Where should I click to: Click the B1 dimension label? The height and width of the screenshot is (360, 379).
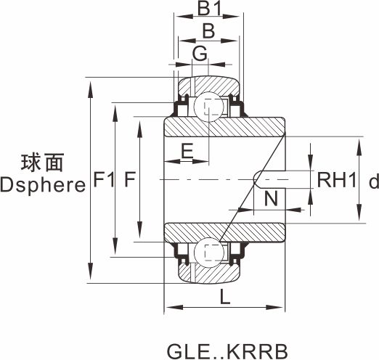[x=209, y=9]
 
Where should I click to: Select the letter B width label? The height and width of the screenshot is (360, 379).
[x=208, y=31]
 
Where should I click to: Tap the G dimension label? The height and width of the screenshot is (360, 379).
[x=200, y=53]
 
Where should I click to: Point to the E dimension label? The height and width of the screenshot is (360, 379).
[x=187, y=151]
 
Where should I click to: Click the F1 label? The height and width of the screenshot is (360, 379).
[x=104, y=179]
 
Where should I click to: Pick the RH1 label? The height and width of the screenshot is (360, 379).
[x=337, y=180]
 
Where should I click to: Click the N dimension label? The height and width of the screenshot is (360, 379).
[x=271, y=198]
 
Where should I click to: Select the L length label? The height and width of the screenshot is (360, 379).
[x=225, y=297]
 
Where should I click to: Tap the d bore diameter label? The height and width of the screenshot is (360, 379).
[x=374, y=181]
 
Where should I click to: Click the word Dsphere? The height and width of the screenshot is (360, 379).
[x=43, y=185]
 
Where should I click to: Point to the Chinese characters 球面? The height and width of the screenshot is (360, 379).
[x=42, y=163]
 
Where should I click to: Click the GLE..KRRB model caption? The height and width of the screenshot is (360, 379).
[x=227, y=351]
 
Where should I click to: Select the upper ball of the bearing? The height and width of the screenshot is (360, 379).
[x=208, y=107]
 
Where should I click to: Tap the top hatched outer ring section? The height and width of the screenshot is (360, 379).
[x=209, y=86]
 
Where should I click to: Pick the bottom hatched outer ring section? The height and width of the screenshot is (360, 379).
[x=210, y=273]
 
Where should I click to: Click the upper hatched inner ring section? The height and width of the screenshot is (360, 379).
[x=224, y=127]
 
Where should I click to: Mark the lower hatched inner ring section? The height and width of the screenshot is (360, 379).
[x=224, y=232]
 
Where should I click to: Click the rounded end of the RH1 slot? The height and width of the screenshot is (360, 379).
[x=255, y=179]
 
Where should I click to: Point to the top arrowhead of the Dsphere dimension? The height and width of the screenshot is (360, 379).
[x=91, y=89]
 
